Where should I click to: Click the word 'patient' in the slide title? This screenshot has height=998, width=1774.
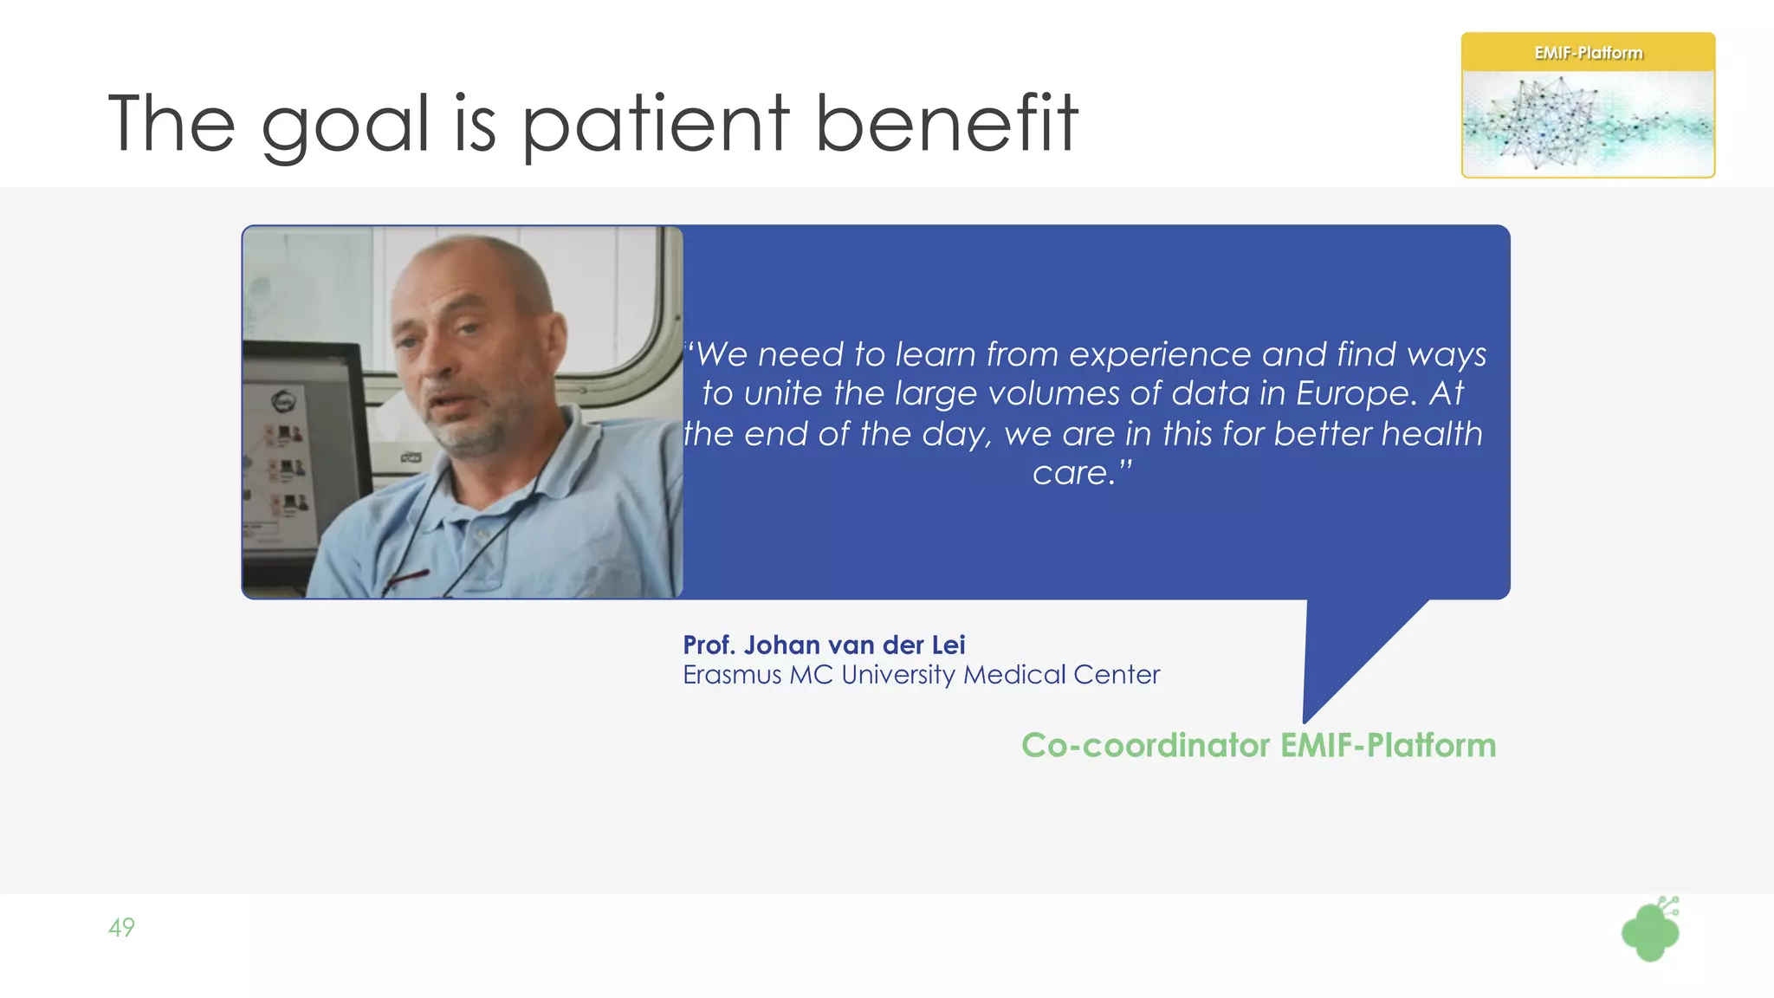point(656,126)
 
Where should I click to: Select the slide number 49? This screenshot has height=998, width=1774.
point(121,928)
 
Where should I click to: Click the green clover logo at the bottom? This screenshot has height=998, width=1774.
point(1650,931)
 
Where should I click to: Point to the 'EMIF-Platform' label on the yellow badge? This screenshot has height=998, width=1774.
point(1588,53)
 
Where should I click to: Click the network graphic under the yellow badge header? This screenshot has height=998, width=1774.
point(1588,124)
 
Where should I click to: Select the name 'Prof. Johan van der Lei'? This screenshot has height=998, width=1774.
point(824,645)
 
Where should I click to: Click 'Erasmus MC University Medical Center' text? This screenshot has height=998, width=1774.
point(921,675)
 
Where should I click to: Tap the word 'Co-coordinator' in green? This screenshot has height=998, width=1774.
point(1145,746)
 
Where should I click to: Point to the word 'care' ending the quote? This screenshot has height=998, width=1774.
point(1069,473)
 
